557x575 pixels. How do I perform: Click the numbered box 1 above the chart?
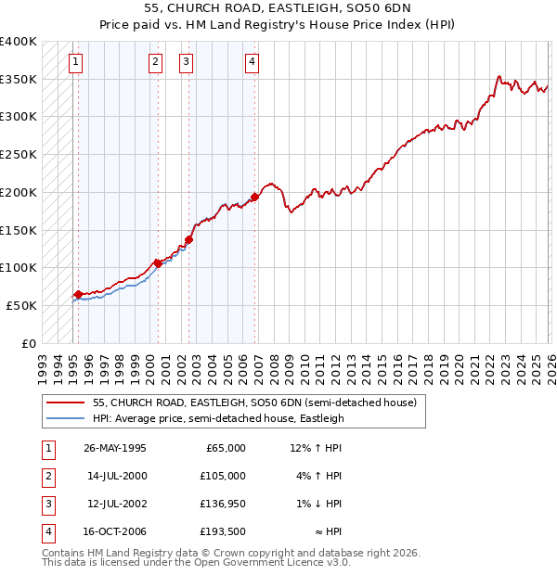click(75, 62)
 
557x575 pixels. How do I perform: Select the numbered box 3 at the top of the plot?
click(186, 62)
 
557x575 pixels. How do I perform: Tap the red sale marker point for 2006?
click(254, 197)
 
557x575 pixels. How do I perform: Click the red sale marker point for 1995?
click(78, 294)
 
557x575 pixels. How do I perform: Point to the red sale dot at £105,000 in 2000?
click(158, 263)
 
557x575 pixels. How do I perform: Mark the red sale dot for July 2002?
click(188, 239)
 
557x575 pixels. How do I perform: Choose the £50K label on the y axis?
click(22, 305)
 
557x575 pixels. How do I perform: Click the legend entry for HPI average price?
click(218, 418)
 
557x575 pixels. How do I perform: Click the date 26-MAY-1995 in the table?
click(115, 448)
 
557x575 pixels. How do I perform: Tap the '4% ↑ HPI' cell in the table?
click(316, 476)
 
